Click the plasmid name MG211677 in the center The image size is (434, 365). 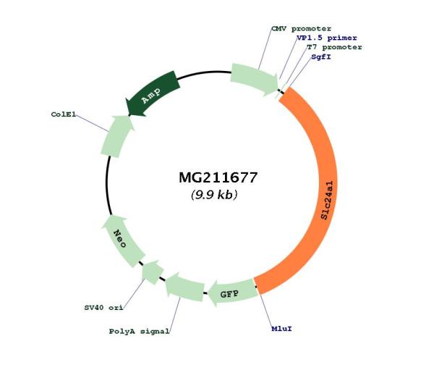pyautogui.click(x=218, y=177)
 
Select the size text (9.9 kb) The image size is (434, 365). pyautogui.click(x=214, y=195)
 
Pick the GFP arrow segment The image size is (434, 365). pyautogui.click(x=232, y=293)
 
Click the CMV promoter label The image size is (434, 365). pyautogui.click(x=301, y=28)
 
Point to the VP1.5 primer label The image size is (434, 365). pyautogui.click(x=327, y=38)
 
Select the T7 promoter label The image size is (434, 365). pyautogui.click(x=334, y=47)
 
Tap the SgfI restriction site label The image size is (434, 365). pyautogui.click(x=321, y=56)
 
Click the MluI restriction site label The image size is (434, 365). pyautogui.click(x=282, y=329)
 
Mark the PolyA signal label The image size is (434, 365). pyautogui.click(x=139, y=331)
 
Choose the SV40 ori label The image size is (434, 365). pyautogui.click(x=103, y=308)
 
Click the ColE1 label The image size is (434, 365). pyautogui.click(x=64, y=114)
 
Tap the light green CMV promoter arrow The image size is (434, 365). pyautogui.click(x=253, y=78)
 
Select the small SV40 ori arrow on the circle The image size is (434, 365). pyautogui.click(x=152, y=272)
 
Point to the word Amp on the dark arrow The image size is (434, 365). pyautogui.click(x=151, y=96)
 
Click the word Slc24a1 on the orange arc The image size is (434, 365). pyautogui.click(x=328, y=200)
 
